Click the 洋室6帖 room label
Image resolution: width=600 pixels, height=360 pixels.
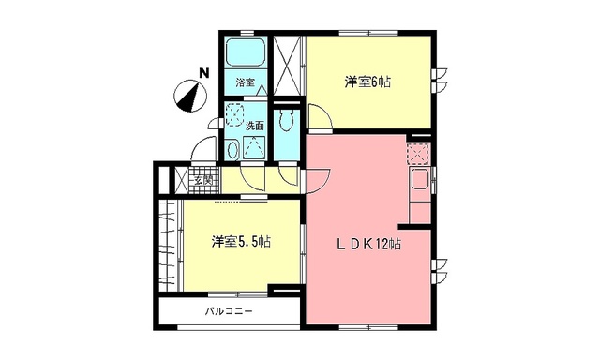[367, 82]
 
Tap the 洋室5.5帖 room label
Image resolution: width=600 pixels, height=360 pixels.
[242, 241]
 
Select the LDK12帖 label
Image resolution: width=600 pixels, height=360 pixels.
[368, 244]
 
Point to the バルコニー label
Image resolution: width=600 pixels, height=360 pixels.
[229, 311]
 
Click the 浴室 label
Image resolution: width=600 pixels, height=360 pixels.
[246, 82]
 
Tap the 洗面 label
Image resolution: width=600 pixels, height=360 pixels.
[255, 126]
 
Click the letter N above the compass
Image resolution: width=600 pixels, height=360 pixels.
[204, 73]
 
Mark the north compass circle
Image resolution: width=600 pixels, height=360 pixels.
[189, 96]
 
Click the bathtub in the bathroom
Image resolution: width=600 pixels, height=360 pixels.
[246, 52]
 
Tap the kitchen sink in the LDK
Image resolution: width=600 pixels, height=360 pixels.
[420, 179]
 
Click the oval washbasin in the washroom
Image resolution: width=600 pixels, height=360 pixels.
[232, 150]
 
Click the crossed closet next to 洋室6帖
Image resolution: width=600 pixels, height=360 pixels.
[288, 65]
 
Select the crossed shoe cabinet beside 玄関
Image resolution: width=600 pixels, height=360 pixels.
[182, 180]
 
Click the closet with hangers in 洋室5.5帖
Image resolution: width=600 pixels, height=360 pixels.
[169, 246]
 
